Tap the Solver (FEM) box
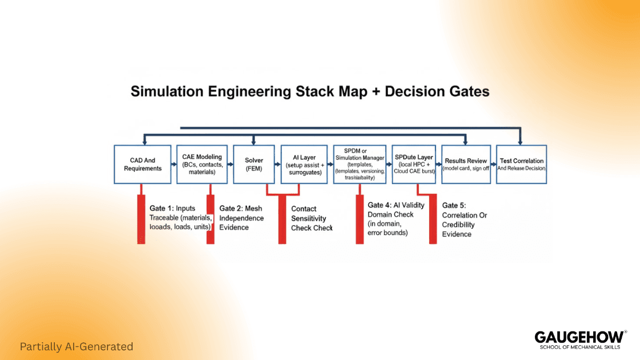pos(254,164)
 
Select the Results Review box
pos(466,164)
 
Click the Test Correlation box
pos(521,164)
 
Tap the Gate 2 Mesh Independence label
pos(242,218)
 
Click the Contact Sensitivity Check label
pos(311,218)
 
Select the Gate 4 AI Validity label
pos(396,219)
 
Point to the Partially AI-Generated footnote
pos(76,346)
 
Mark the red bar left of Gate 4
pos(359,219)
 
